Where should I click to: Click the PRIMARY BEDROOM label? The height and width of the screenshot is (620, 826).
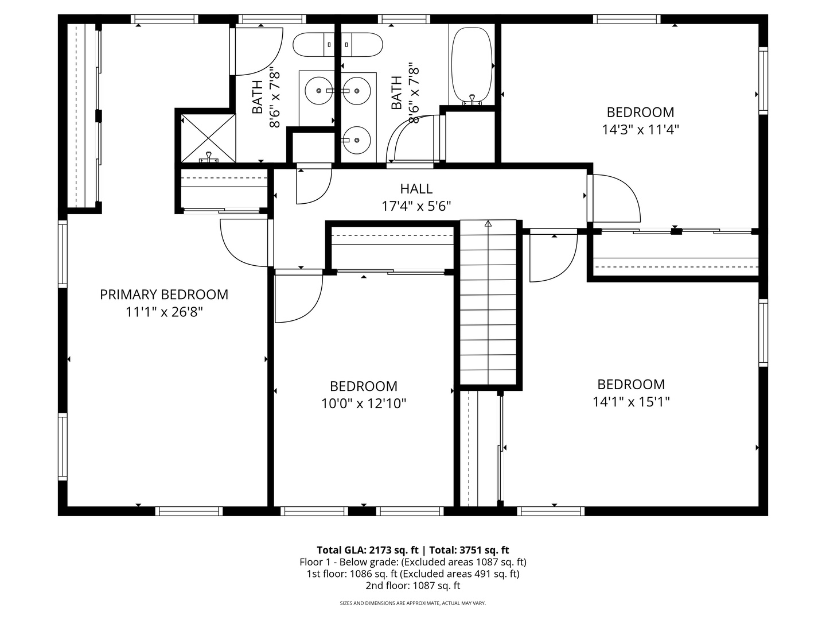[164, 294]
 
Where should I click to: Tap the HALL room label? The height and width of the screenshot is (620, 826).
[416, 188]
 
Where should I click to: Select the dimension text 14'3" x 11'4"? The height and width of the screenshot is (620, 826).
[641, 130]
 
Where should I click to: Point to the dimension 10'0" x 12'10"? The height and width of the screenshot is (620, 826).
[364, 404]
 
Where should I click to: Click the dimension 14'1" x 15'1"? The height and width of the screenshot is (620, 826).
[631, 402]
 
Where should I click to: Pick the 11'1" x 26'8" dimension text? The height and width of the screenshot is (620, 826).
[164, 312]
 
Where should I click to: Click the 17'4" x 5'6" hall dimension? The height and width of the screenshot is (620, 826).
[416, 206]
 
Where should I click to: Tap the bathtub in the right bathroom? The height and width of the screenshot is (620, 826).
[472, 65]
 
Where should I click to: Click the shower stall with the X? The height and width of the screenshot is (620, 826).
[208, 138]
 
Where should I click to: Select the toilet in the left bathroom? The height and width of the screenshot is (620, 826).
[313, 44]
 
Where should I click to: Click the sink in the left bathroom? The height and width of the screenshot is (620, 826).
[319, 91]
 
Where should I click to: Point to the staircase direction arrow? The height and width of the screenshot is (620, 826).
[488, 224]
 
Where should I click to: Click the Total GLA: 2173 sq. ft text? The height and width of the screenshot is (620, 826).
[367, 550]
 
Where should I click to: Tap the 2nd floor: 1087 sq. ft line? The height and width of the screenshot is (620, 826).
[413, 586]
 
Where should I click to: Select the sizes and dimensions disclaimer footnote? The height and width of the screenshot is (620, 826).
[413, 603]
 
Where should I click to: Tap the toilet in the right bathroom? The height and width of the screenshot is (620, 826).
[361, 44]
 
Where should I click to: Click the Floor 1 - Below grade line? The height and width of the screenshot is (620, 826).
[413, 562]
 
